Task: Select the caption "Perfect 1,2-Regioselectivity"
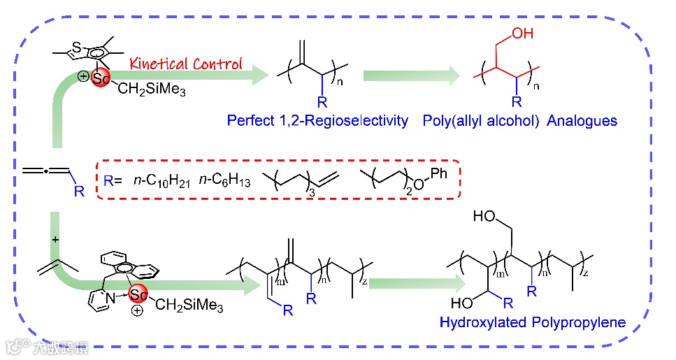pyautogui.click(x=317, y=120)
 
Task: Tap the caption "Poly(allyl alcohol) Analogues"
pyautogui.click(x=520, y=120)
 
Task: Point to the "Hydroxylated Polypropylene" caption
pyautogui.click(x=532, y=323)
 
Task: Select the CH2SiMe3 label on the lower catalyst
pyautogui.click(x=189, y=305)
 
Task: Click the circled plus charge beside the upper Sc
pyautogui.click(x=84, y=75)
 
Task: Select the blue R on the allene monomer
pyautogui.click(x=78, y=191)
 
